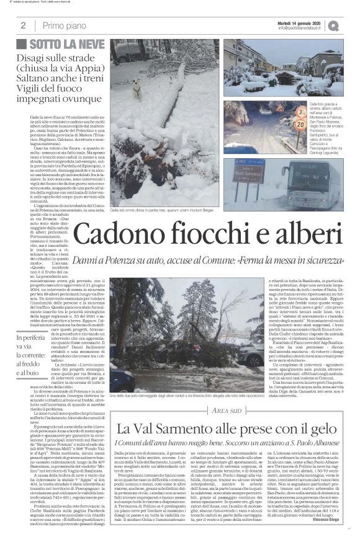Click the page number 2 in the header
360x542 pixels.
tap(23, 25)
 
